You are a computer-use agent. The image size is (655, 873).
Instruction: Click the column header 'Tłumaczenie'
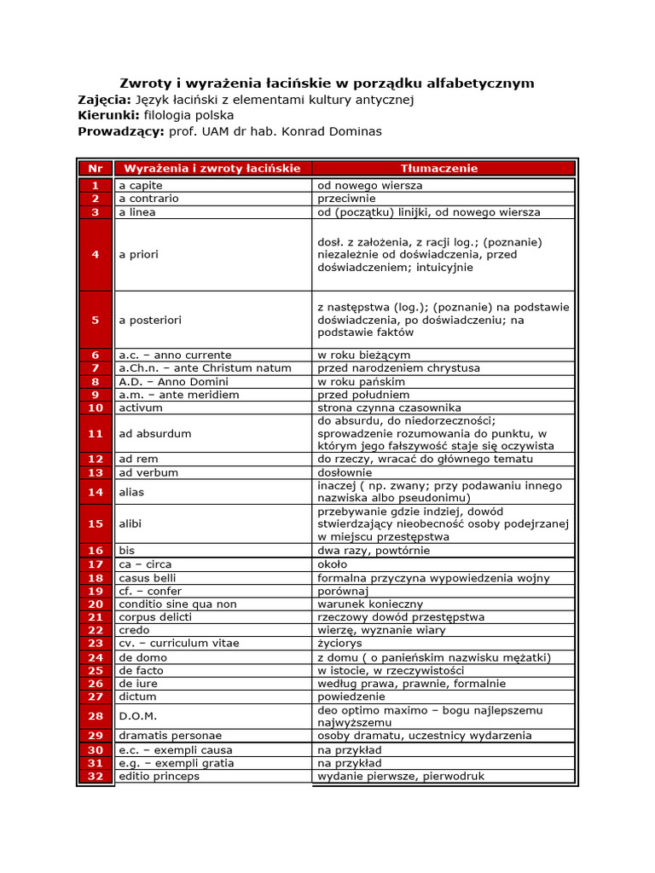pyautogui.click(x=439, y=169)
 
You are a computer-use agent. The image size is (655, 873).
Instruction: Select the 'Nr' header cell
pyautogui.click(x=95, y=169)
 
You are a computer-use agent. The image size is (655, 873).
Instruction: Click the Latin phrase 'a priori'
pyautogui.click(x=138, y=254)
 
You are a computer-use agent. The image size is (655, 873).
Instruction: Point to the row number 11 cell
pyautogui.click(x=95, y=433)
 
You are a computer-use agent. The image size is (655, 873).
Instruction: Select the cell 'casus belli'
pyautogui.click(x=148, y=577)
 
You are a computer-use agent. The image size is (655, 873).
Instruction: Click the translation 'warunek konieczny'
pyautogui.click(x=369, y=604)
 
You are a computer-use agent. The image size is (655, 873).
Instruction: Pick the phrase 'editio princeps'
pyautogui.click(x=159, y=776)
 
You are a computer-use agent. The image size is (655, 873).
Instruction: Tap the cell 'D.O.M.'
pyautogui.click(x=137, y=716)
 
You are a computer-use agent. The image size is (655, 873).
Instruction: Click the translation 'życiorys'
pyautogui.click(x=339, y=643)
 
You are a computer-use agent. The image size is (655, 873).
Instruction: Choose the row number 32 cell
pyautogui.click(x=95, y=776)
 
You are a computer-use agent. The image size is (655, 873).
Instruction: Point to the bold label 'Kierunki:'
pyautogui.click(x=108, y=115)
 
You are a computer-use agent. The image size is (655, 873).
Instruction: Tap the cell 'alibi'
pyautogui.click(x=131, y=523)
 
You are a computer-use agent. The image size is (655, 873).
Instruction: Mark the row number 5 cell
pyautogui.click(x=95, y=320)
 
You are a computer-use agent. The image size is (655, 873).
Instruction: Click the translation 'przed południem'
pyautogui.click(x=362, y=395)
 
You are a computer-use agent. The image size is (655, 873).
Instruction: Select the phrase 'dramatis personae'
pyautogui.click(x=170, y=735)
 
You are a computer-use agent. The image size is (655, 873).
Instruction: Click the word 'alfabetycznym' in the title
pyautogui.click(x=485, y=83)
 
